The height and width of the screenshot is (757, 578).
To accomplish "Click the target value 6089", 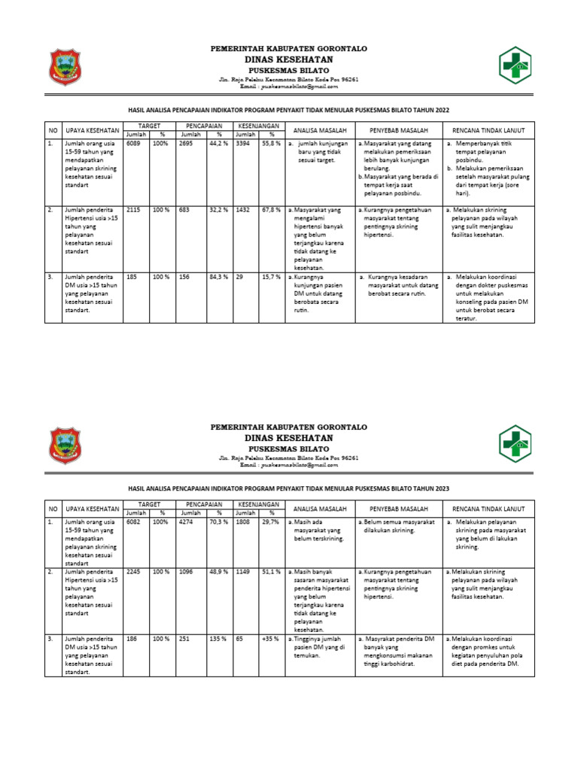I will click(x=133, y=142).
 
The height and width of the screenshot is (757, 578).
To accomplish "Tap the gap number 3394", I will click(x=242, y=142).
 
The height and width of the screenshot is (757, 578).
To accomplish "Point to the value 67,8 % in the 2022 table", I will click(x=271, y=209).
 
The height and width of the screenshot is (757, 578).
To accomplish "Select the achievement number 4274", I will click(x=187, y=521).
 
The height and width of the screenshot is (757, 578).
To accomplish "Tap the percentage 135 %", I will click(x=218, y=638).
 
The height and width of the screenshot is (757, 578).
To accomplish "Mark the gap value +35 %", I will click(x=270, y=638).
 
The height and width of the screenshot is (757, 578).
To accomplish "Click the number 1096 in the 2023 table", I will click(x=187, y=571).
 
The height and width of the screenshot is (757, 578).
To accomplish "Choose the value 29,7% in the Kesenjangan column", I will click(x=270, y=521).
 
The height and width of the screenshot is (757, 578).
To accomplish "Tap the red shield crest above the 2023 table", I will click(x=65, y=445).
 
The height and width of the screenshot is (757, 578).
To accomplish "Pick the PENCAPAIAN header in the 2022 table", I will click(x=202, y=124).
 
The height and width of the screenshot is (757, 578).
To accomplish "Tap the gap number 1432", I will click(x=242, y=209).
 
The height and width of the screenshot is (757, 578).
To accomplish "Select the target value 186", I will click(x=132, y=638).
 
